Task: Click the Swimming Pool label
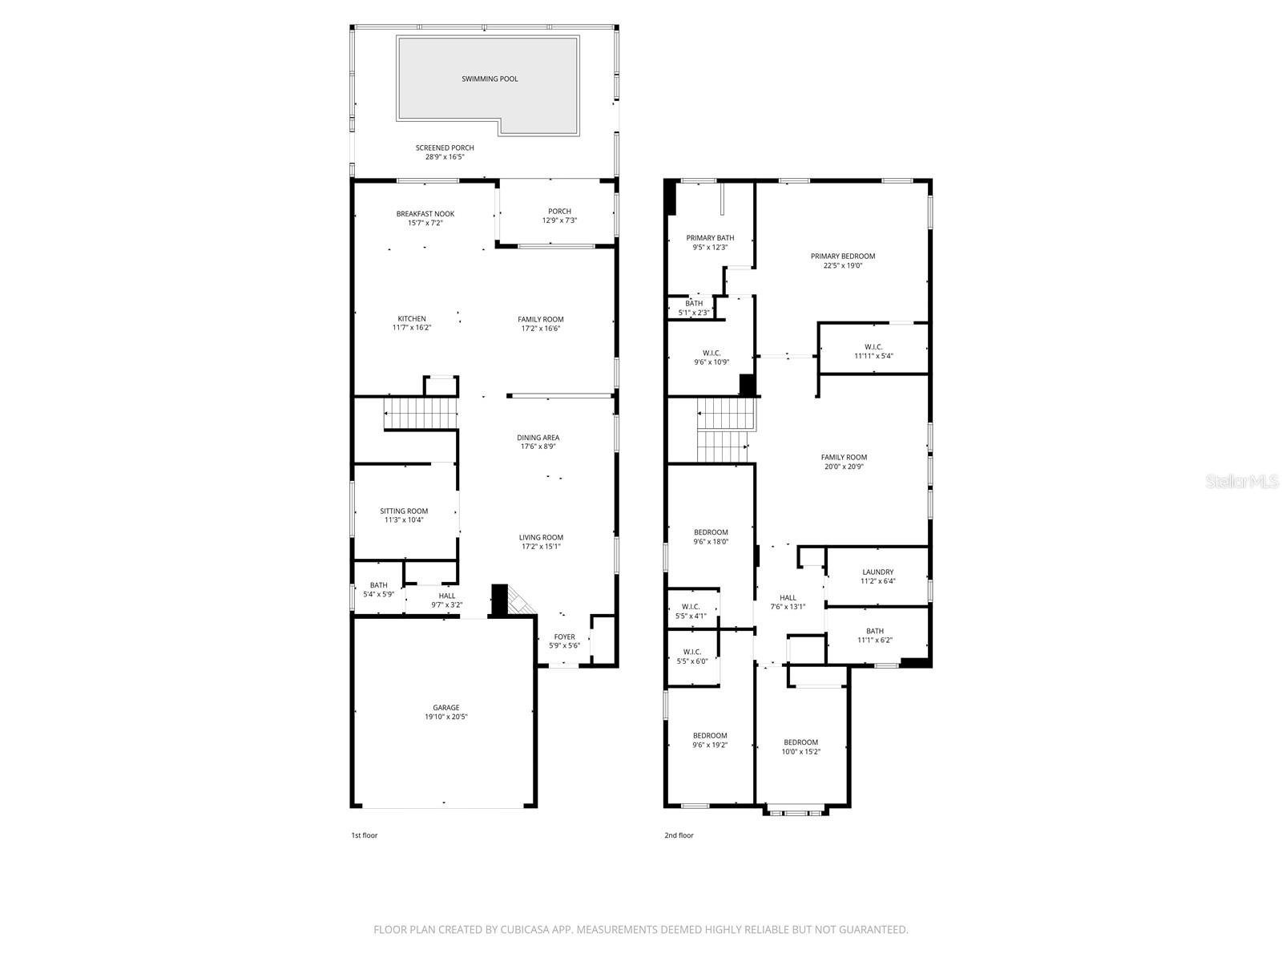pyautogui.click(x=490, y=79)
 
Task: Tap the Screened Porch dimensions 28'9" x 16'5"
pyautogui.click(x=445, y=157)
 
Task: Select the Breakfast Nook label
pyautogui.click(x=425, y=214)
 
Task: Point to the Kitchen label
pyautogui.click(x=412, y=318)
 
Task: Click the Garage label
pyautogui.click(x=446, y=708)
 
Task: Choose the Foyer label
pyautogui.click(x=564, y=637)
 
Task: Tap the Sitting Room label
pyautogui.click(x=404, y=511)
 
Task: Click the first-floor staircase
pyautogui.click(x=421, y=414)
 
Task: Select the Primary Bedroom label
pyautogui.click(x=842, y=256)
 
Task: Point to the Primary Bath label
pyautogui.click(x=710, y=237)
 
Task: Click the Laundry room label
pyautogui.click(x=877, y=572)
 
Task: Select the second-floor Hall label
pyautogui.click(x=788, y=597)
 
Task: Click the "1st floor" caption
pyautogui.click(x=364, y=835)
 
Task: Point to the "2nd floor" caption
pyautogui.click(x=679, y=835)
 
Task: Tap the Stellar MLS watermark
pyautogui.click(x=1242, y=481)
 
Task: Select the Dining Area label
pyautogui.click(x=538, y=438)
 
